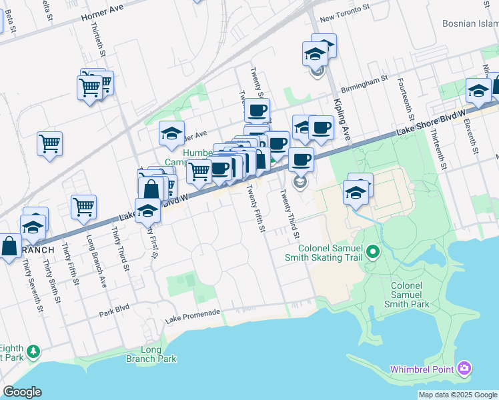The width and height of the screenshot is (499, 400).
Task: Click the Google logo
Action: pos(22,392)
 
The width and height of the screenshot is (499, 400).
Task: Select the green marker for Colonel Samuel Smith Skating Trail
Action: pos(373,253)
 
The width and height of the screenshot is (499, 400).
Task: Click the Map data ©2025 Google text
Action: pos(458,395)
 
